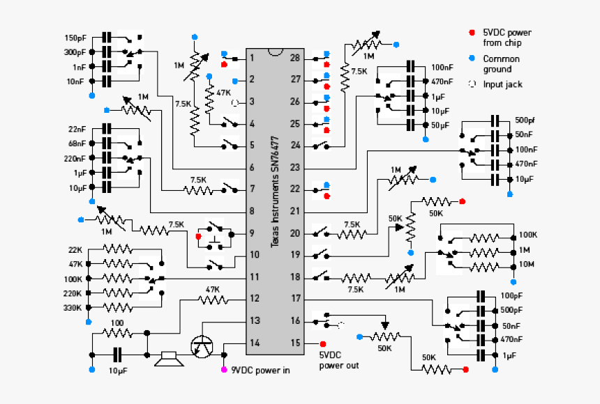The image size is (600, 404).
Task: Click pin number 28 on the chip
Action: [x=295, y=58]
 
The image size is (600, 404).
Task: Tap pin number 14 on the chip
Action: [x=255, y=343]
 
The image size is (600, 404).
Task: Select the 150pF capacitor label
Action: [x=75, y=38]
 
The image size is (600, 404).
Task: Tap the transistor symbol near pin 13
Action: [x=203, y=345]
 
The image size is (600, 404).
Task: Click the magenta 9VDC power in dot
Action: [x=224, y=370]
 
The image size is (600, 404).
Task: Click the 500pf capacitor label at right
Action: [x=525, y=120]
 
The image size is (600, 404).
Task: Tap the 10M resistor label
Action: [x=527, y=264]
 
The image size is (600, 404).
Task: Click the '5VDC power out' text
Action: [x=339, y=360]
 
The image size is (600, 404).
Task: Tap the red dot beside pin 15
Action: [x=323, y=343]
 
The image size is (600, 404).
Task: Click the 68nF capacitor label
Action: [x=77, y=143]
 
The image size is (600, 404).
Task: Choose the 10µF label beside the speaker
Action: [x=119, y=370]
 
